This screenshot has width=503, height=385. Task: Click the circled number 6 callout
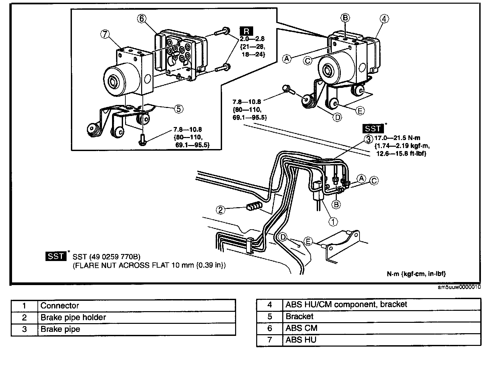(x=142, y=19)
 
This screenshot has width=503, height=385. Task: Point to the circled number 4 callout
(x=384, y=19)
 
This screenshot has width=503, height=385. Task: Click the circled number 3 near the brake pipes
(x=368, y=139)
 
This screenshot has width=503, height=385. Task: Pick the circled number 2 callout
(x=221, y=210)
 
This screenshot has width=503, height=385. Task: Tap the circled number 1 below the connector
(x=333, y=221)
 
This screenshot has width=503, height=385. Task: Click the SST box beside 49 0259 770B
(x=56, y=257)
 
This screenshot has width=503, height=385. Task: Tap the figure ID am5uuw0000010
(x=460, y=287)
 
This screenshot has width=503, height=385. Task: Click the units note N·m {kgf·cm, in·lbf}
(x=416, y=274)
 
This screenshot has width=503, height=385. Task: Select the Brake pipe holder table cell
(x=73, y=317)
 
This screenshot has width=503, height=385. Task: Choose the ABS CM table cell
(x=301, y=328)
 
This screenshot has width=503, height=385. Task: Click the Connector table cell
(x=60, y=305)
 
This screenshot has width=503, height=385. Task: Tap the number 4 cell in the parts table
(x=270, y=304)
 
